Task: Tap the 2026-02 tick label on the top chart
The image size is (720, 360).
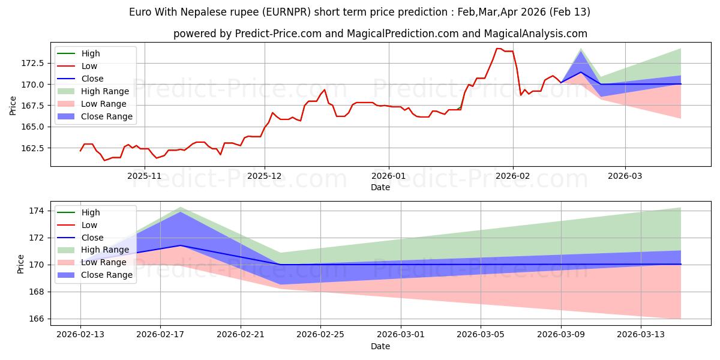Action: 513,176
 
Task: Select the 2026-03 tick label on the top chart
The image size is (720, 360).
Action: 625,176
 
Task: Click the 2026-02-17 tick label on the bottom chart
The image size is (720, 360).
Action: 160,335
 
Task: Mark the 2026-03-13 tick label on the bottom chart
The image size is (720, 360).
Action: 641,335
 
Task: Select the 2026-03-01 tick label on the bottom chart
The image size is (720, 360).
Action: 401,335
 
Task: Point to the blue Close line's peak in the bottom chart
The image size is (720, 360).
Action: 180,245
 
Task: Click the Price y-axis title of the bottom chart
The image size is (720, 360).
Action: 21,263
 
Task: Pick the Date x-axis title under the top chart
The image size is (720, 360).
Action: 380,187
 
